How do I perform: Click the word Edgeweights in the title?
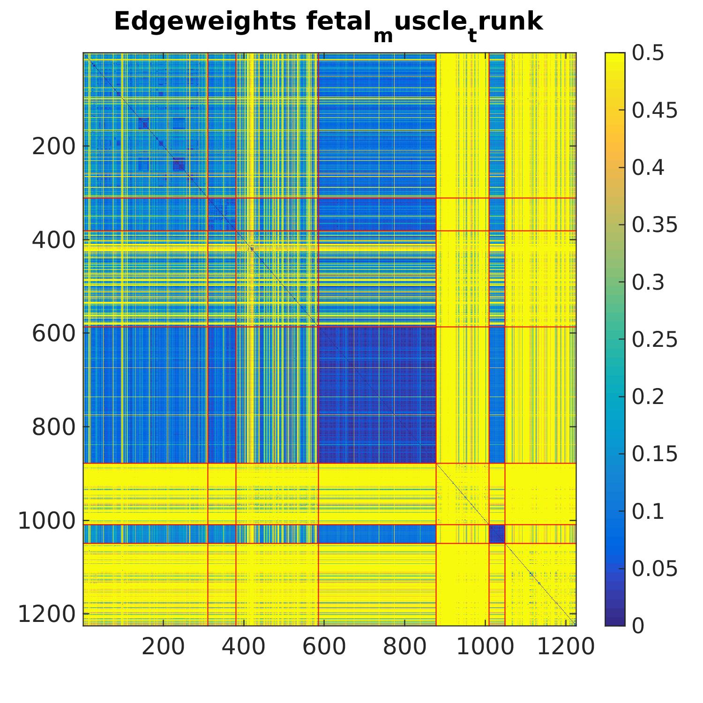click(x=205, y=22)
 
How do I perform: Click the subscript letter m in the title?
click(x=383, y=36)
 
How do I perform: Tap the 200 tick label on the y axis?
click(x=53, y=147)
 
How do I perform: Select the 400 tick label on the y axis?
click(x=53, y=240)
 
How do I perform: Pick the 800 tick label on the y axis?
click(x=53, y=427)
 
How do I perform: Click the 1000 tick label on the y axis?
click(x=46, y=521)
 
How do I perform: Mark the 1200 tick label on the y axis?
click(x=46, y=614)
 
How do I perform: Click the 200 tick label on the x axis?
click(x=163, y=647)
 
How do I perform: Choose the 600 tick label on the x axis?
click(x=324, y=647)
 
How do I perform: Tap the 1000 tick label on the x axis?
click(x=485, y=647)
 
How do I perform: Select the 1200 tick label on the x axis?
click(x=565, y=647)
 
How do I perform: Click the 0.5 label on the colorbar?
click(x=648, y=53)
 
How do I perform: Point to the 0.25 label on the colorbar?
click(x=655, y=339)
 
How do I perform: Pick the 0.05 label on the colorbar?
click(x=655, y=568)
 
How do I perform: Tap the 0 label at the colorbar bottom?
click(x=638, y=626)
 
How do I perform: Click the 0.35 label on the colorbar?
click(x=655, y=225)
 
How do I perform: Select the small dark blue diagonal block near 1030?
click(x=497, y=534)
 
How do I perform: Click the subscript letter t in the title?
click(x=472, y=36)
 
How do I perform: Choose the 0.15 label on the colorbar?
click(x=655, y=454)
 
